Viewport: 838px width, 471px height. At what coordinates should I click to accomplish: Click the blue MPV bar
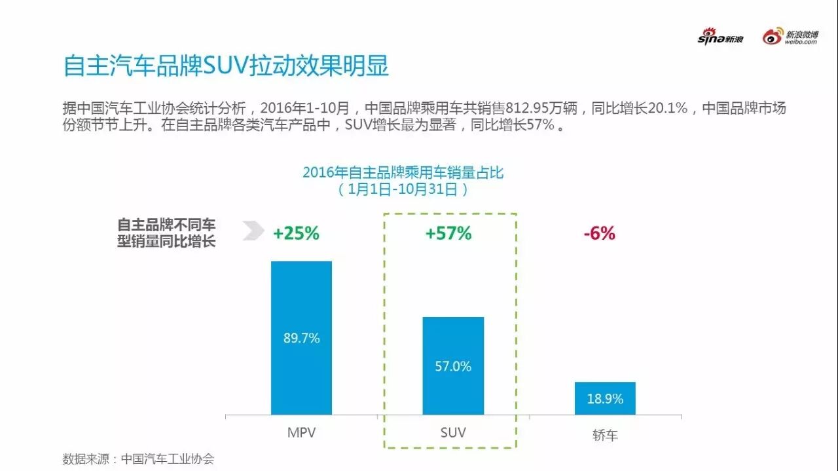(301, 301)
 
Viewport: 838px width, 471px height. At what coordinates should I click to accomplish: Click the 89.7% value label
(301, 338)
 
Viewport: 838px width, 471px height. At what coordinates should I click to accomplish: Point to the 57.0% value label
(453, 366)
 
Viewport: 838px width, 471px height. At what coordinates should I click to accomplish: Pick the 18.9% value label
(605, 398)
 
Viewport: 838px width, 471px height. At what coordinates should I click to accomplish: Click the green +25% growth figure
(296, 233)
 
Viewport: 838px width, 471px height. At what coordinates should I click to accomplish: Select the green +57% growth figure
(448, 233)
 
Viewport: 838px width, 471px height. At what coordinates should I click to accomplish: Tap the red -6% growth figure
(600, 233)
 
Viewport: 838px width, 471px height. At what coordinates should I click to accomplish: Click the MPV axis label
(301, 433)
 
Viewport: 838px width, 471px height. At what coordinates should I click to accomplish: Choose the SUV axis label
(452, 433)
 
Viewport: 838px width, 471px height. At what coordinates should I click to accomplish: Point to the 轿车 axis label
(605, 435)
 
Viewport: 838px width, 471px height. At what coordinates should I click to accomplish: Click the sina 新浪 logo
(720, 38)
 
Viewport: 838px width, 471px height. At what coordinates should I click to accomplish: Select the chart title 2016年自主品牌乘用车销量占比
(403, 172)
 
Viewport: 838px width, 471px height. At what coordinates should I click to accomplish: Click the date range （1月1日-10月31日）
(403, 189)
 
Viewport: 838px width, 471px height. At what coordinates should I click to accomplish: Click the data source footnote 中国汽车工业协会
(168, 459)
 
